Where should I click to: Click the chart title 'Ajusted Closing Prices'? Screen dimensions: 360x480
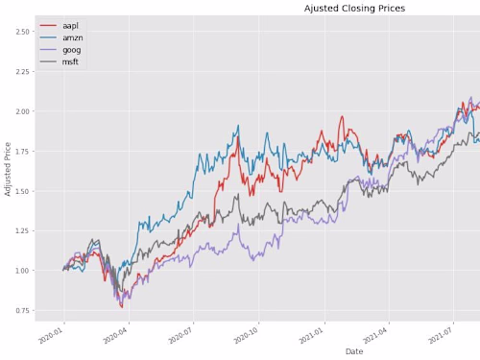pos(354,8)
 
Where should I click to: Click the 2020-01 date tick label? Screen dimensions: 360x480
pos(50,334)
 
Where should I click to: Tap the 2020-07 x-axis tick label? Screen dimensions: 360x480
pos(180,334)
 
